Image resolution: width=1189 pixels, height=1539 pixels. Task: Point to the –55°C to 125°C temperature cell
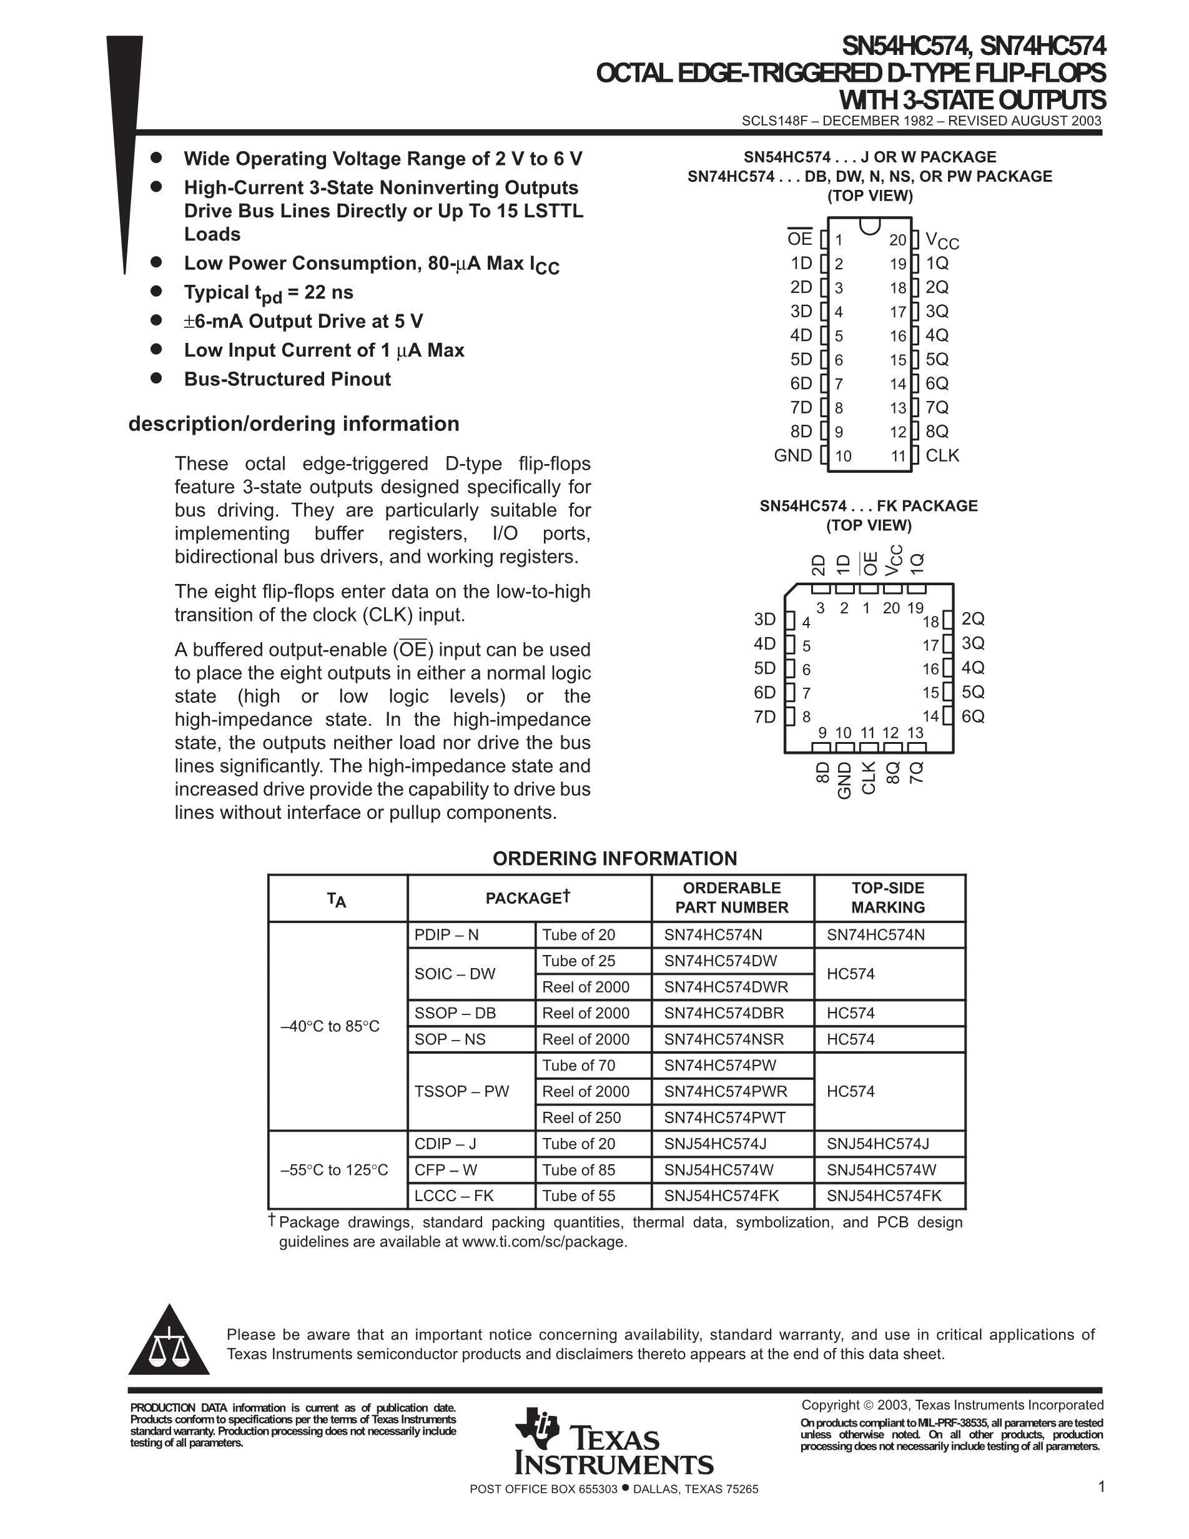click(334, 1170)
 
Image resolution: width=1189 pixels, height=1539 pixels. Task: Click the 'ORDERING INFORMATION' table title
click(614, 858)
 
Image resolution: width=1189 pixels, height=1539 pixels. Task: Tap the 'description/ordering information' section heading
click(294, 423)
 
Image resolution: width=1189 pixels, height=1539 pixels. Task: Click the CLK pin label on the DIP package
click(942, 455)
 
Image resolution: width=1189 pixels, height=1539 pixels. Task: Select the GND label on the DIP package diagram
click(793, 455)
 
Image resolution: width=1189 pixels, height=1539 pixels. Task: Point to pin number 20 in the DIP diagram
click(897, 240)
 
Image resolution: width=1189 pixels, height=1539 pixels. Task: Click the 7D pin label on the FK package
click(764, 716)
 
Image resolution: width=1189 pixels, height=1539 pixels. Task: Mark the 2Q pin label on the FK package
click(973, 619)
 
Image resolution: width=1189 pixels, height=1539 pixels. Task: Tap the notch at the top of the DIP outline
click(870, 225)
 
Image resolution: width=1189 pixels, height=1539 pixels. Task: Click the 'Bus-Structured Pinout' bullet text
click(287, 379)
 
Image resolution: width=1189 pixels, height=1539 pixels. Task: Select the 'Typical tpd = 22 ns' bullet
click(269, 293)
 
